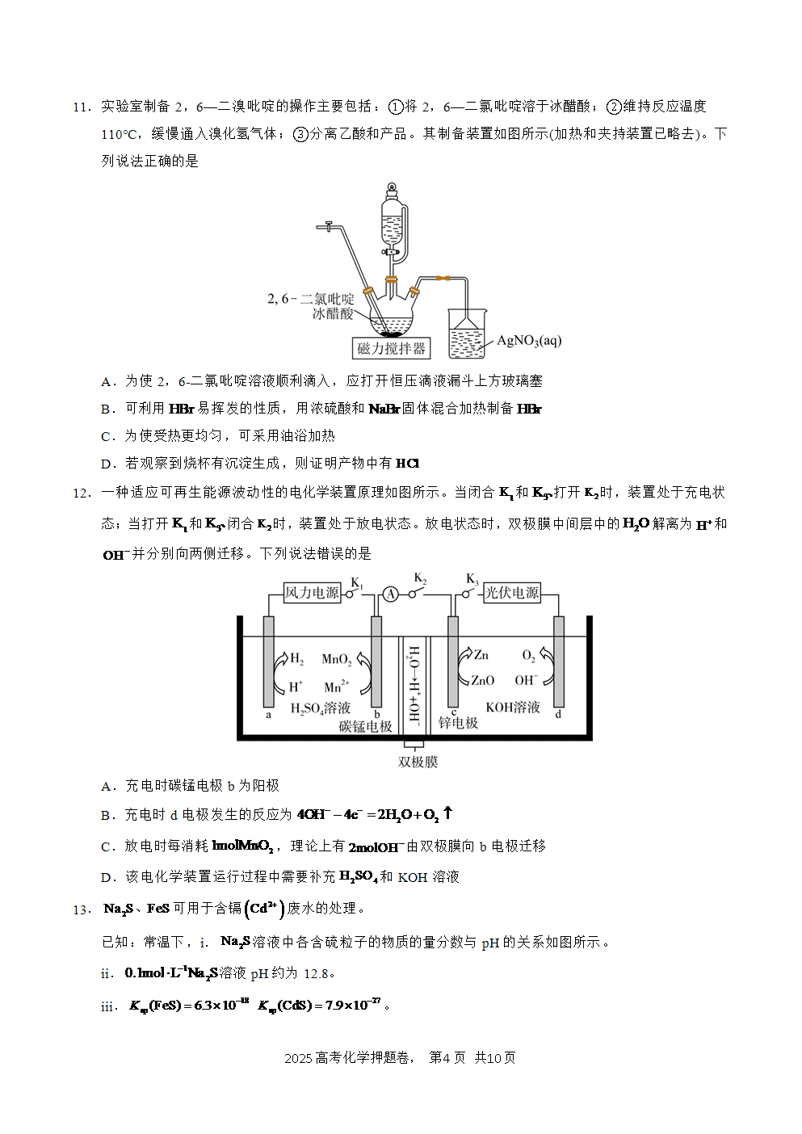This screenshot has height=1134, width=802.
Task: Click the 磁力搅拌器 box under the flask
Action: [392, 348]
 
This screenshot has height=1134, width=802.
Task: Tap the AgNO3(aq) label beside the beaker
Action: [529, 341]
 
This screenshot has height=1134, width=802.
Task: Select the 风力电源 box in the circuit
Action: [312, 593]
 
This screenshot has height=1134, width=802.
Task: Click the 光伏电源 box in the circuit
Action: [512, 593]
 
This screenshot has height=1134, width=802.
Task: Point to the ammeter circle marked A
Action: [390, 594]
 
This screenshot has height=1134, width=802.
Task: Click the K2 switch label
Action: [420, 578]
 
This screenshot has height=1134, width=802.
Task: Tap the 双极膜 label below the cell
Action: [418, 762]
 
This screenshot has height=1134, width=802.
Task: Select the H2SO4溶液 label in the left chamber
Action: [321, 708]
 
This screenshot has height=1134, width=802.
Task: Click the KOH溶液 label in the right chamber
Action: [513, 707]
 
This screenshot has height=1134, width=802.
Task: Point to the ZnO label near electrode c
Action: [482, 680]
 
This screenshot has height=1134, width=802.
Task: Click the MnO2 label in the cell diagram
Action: [337, 659]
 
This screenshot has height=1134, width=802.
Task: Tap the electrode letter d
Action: [558, 714]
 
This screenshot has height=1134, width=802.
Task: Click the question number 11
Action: [82, 107]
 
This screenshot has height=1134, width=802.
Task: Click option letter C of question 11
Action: [107, 436]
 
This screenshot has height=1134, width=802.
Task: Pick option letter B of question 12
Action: [107, 815]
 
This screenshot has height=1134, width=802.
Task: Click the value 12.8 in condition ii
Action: [317, 973]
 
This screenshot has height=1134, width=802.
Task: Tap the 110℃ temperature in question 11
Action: [119, 135]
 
